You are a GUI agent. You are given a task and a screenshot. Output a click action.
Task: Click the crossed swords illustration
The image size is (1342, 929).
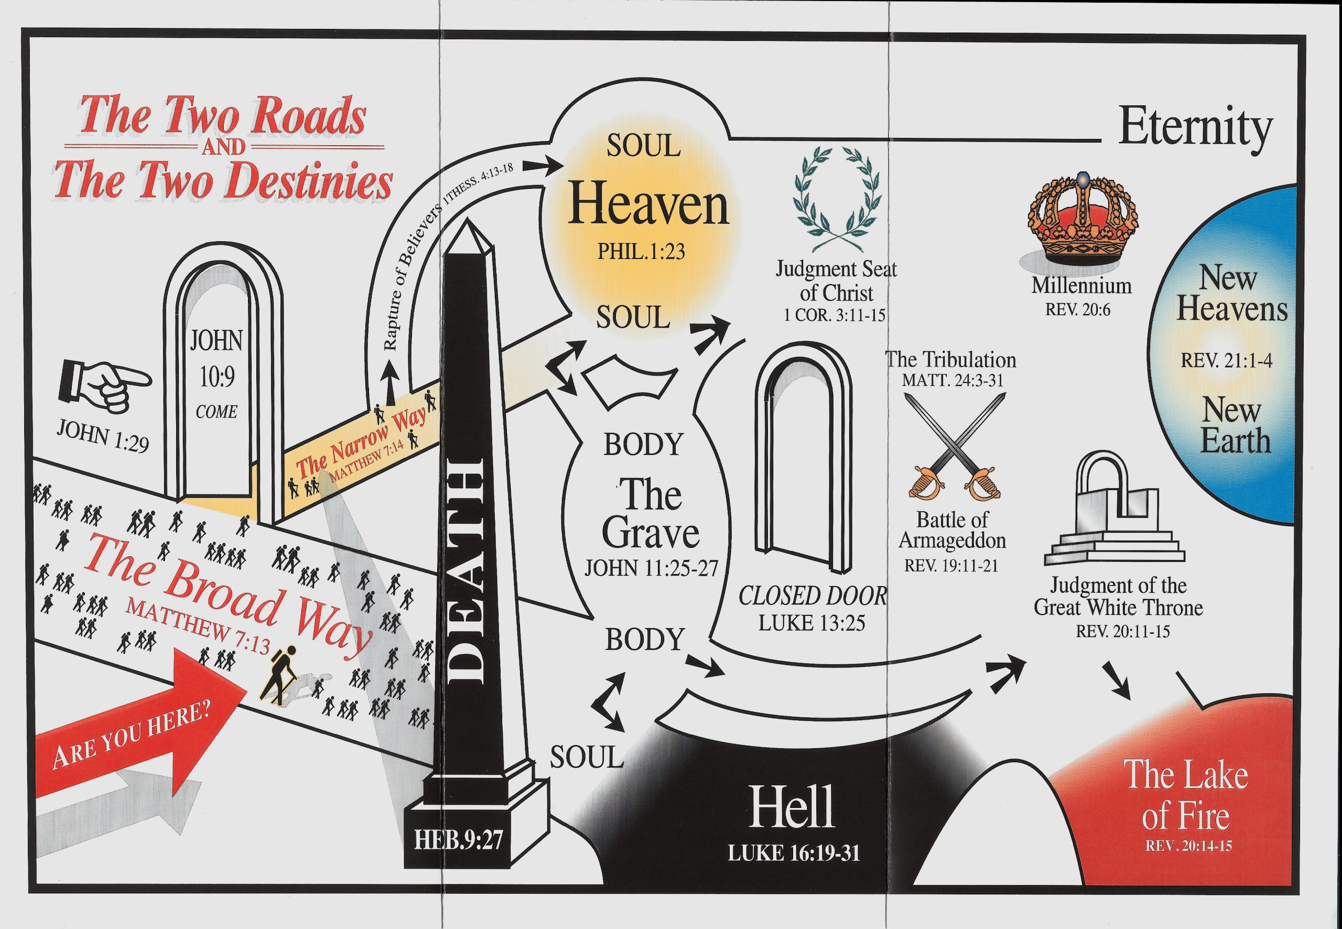click(x=955, y=447)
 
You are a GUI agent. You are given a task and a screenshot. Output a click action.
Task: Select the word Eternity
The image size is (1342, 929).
click(x=1195, y=129)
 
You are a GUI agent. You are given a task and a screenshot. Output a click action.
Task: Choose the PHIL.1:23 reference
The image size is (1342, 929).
click(x=641, y=252)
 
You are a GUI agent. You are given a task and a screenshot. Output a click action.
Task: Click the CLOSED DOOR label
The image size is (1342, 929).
click(x=813, y=597)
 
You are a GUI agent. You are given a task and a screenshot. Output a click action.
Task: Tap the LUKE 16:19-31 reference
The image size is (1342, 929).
click(x=794, y=854)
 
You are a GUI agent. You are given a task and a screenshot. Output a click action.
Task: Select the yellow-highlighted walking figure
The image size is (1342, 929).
click(x=279, y=675)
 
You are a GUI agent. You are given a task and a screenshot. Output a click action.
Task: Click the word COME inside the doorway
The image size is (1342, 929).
click(x=217, y=412)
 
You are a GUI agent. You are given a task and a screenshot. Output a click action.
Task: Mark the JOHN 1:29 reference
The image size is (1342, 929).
click(x=103, y=437)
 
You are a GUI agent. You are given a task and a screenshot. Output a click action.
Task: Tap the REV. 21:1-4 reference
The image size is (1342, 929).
click(x=1226, y=360)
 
